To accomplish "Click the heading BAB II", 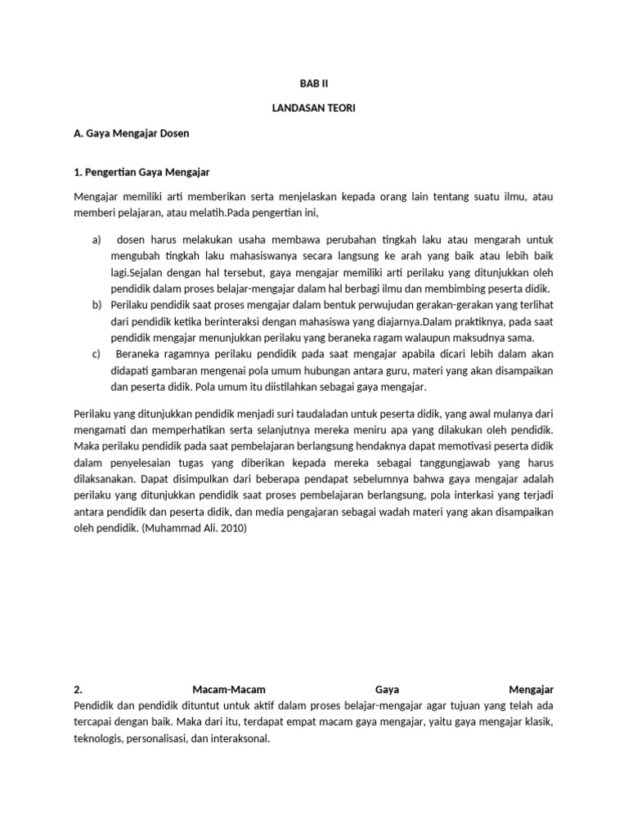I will (x=313, y=84).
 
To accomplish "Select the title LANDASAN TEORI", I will (x=313, y=108).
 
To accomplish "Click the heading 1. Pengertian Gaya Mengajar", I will (x=142, y=172).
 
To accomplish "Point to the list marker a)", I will (x=96, y=239).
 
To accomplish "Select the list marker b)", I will (x=96, y=305).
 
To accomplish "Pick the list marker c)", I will (x=96, y=354).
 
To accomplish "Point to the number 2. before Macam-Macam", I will (x=78, y=689).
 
